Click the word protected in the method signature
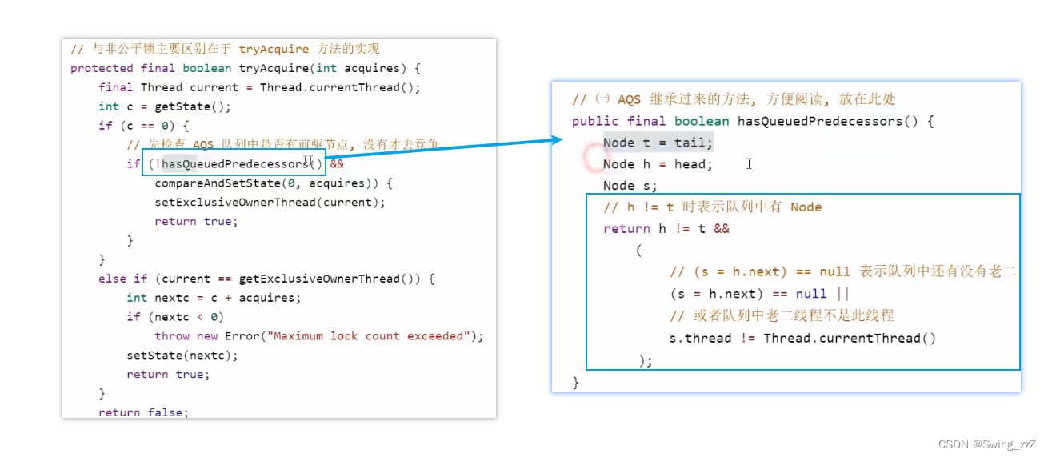(102, 68)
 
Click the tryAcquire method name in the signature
(274, 68)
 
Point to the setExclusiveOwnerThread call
(235, 203)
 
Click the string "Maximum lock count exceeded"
(368, 336)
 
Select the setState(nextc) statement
(182, 356)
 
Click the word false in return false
(165, 412)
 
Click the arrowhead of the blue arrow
(558, 139)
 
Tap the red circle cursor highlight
(594, 158)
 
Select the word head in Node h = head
(690, 164)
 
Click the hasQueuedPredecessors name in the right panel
(820, 121)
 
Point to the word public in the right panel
(594, 121)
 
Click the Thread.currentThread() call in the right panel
(849, 338)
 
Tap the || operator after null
(842, 294)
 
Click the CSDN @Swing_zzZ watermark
(986, 444)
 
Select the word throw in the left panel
(172, 336)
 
